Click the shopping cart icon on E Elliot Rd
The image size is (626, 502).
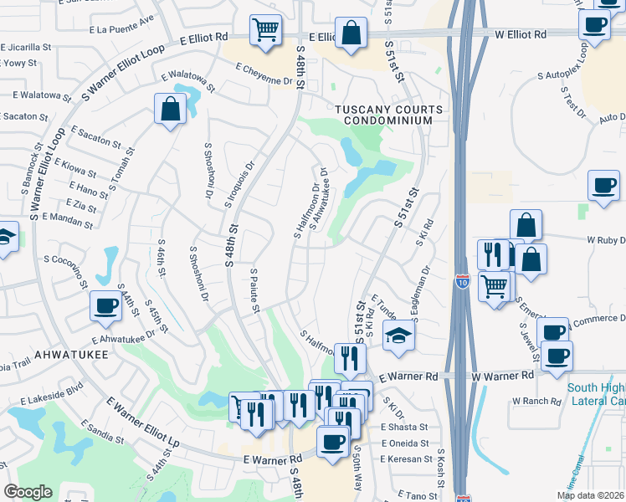pos(265,30)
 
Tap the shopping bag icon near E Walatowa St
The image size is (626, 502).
pos(170,109)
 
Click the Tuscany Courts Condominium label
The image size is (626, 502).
pos(383,115)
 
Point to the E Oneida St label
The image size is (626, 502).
pos(404,443)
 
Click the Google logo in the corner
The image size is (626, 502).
pos(28,492)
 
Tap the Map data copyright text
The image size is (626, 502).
pos(590,495)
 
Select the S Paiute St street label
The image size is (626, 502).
pos(255,291)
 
